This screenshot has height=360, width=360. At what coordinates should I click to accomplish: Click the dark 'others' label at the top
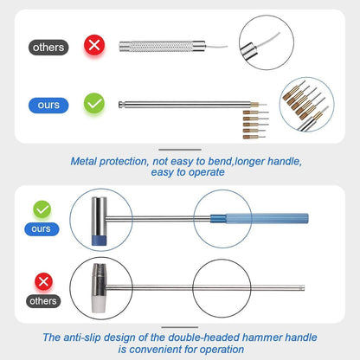tap(48, 48)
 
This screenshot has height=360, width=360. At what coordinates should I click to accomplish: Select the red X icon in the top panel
tap(94, 46)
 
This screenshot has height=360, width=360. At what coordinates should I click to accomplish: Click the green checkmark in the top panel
tap(95, 105)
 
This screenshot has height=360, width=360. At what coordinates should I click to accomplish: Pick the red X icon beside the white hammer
tap(42, 280)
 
